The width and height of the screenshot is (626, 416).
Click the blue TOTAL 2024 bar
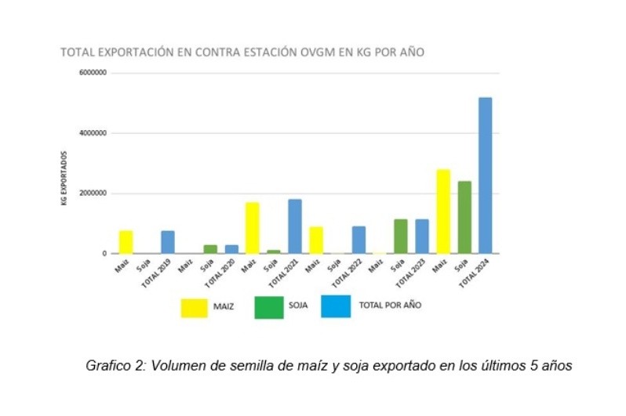point(485,175)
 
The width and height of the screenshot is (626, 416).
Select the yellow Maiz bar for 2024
point(442,212)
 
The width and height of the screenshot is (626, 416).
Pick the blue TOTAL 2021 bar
point(295,226)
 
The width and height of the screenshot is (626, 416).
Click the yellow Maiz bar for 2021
point(253,228)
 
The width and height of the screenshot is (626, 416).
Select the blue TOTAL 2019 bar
point(168,242)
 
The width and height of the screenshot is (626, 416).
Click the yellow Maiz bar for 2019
point(126,242)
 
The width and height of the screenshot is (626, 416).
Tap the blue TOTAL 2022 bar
point(358,240)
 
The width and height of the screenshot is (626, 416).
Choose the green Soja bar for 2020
point(210,249)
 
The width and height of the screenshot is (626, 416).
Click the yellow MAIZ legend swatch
point(199,308)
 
